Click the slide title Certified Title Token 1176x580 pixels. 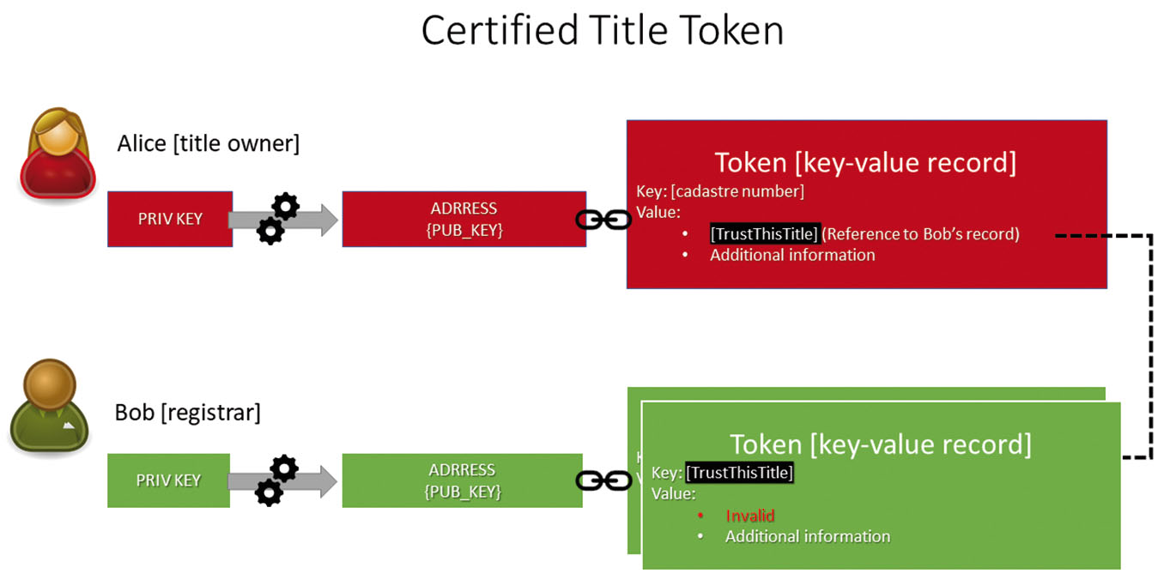(x=602, y=32)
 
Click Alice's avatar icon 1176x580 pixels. (x=58, y=153)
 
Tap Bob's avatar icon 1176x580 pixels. (x=51, y=405)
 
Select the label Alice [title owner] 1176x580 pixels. (x=208, y=143)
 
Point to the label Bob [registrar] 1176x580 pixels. (x=187, y=413)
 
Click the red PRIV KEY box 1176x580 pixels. (x=170, y=219)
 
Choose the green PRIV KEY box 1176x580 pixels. (x=168, y=480)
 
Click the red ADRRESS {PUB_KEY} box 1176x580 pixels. (x=464, y=220)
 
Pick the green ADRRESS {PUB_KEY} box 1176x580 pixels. (x=462, y=480)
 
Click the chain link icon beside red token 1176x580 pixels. (x=603, y=221)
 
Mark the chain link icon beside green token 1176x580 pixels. (x=603, y=480)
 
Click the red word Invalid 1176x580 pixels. (x=749, y=516)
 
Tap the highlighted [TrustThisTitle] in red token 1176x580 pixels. (x=765, y=234)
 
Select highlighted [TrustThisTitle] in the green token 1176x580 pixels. (x=739, y=473)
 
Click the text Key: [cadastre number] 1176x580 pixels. (x=719, y=191)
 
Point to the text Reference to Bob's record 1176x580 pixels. (x=921, y=234)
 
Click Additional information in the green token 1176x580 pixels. (x=807, y=537)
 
